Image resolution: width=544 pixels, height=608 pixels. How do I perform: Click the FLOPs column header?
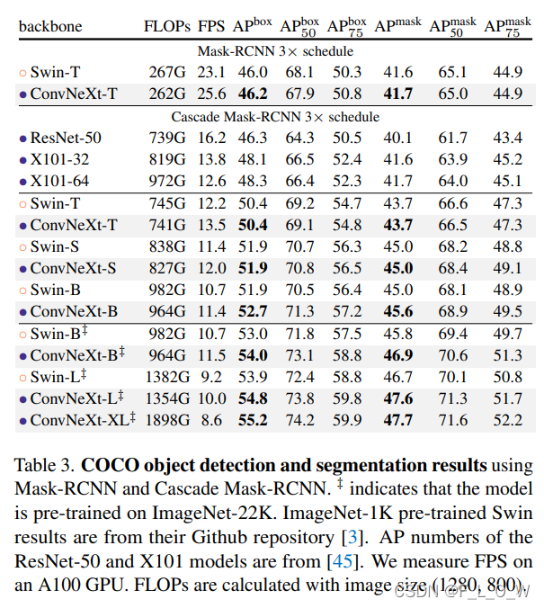point(165,26)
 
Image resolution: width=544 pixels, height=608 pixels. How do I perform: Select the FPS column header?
point(212,26)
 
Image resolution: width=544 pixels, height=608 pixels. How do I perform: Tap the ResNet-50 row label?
point(66,138)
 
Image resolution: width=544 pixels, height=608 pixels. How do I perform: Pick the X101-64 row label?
point(62,181)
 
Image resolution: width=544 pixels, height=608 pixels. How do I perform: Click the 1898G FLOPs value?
point(165,419)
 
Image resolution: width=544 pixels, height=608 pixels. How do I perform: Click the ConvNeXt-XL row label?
point(82,419)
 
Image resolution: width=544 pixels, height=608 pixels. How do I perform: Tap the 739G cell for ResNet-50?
point(165,138)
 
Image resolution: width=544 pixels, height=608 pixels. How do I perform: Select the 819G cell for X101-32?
point(165,159)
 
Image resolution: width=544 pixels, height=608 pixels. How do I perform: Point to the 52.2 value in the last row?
point(506,419)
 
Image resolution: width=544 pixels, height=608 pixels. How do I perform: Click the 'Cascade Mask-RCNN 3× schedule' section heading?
point(275,116)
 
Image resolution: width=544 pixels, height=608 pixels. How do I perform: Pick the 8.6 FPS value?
point(212,419)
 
